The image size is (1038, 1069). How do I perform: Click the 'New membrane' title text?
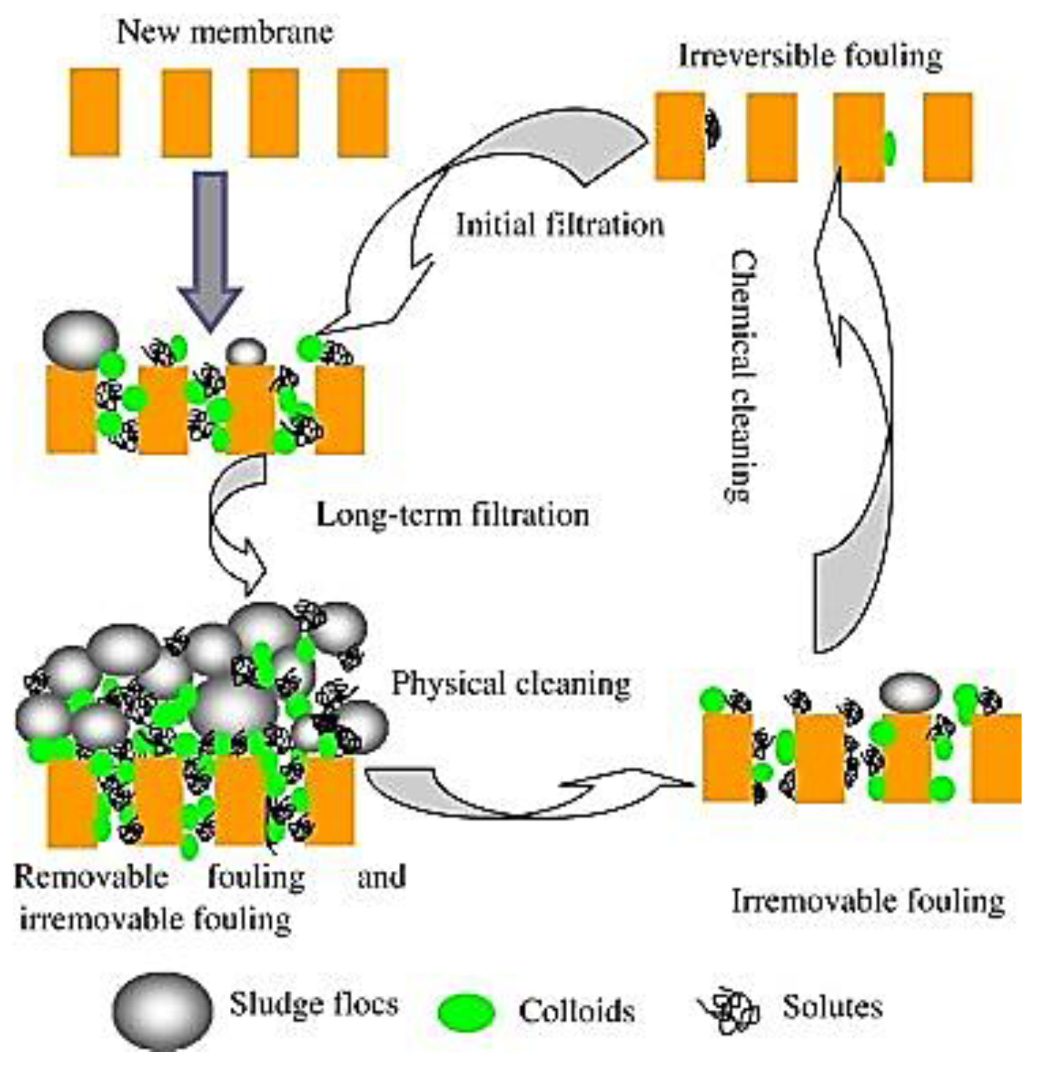pos(225,32)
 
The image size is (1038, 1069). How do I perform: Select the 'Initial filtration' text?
pos(560,224)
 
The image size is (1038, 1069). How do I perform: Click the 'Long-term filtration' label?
pos(453,515)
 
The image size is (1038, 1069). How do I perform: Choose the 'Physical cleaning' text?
pos(510,684)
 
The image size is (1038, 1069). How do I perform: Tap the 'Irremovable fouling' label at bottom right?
pos(867,901)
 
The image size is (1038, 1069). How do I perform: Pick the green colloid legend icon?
pos(466,1012)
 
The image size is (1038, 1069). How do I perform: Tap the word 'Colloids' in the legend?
pos(576,1011)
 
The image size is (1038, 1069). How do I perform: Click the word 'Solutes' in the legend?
pos(832,1007)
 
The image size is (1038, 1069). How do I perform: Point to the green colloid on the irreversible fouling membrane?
pos(890,148)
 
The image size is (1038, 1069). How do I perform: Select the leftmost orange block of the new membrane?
pos(95,112)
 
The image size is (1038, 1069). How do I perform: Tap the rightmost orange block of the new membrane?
pos(363,113)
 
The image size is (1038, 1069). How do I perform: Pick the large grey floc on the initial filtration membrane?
pos(81,340)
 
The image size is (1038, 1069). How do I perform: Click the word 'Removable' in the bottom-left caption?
pos(91,878)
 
